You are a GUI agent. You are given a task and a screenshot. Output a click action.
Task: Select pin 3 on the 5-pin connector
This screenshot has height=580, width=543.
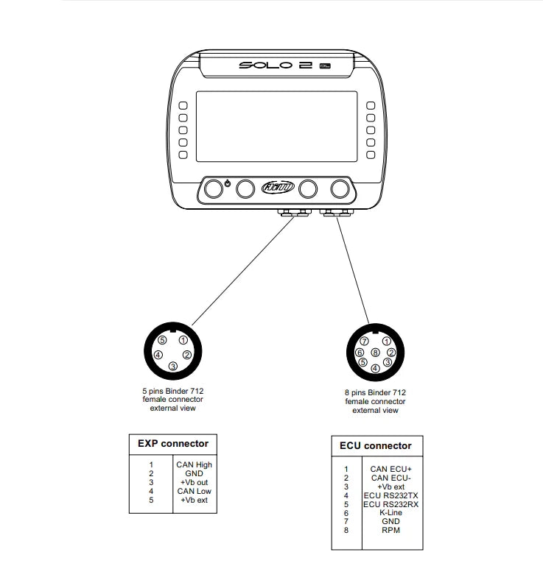click(x=172, y=366)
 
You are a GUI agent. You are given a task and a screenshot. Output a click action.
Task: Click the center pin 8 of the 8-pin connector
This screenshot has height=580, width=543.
click(x=375, y=353)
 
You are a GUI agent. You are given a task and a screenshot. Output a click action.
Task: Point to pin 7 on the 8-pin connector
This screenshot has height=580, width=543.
click(x=363, y=342)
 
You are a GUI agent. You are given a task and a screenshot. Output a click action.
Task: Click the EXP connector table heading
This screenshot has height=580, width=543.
click(x=173, y=444)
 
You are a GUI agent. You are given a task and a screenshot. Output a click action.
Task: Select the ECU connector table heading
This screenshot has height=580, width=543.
click(x=376, y=446)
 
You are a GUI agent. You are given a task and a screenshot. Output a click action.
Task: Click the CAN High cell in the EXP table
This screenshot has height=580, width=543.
click(x=194, y=464)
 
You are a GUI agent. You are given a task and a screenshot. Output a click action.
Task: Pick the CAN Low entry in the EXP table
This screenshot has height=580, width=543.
click(x=194, y=491)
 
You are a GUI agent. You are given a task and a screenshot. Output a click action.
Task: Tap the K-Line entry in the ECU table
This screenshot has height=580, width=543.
click(x=390, y=512)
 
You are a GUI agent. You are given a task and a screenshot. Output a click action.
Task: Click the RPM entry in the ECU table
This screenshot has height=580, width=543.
click(x=390, y=530)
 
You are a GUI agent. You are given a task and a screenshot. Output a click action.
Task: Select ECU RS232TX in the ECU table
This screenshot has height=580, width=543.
click(x=390, y=495)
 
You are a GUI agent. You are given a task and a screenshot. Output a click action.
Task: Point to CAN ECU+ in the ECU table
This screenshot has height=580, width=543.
click(x=390, y=468)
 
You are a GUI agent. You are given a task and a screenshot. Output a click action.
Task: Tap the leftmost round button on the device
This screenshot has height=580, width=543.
click(x=214, y=189)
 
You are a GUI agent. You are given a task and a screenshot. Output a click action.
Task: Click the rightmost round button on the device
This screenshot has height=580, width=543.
click(x=340, y=189)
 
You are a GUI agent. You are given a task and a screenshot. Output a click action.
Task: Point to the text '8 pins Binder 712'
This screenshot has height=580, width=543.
click(x=376, y=393)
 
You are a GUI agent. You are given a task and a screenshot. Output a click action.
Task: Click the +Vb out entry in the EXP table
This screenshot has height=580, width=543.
click(x=194, y=482)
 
